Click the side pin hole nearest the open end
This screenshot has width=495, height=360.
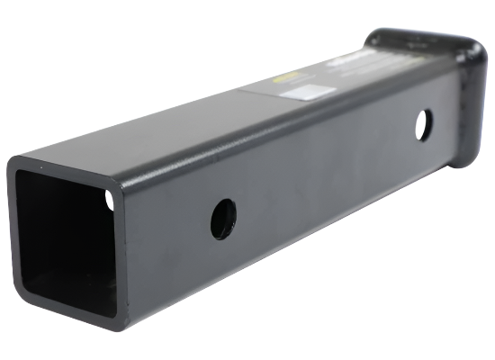tap(223, 219)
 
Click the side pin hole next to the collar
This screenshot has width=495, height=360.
tap(423, 124)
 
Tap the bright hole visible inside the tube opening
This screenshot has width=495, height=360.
tap(111, 199)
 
